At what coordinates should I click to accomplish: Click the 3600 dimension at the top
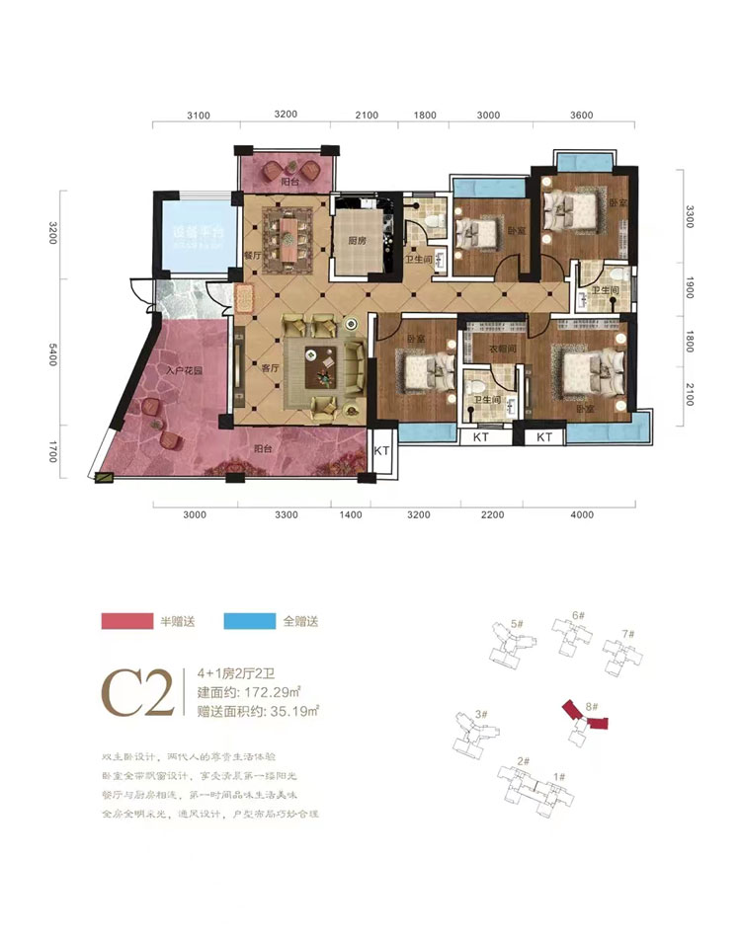pyautogui.click(x=581, y=115)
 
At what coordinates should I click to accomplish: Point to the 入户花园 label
pyautogui.click(x=185, y=370)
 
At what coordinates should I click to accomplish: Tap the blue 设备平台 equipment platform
pyautogui.click(x=193, y=236)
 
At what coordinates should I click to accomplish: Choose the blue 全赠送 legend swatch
pyautogui.click(x=248, y=621)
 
